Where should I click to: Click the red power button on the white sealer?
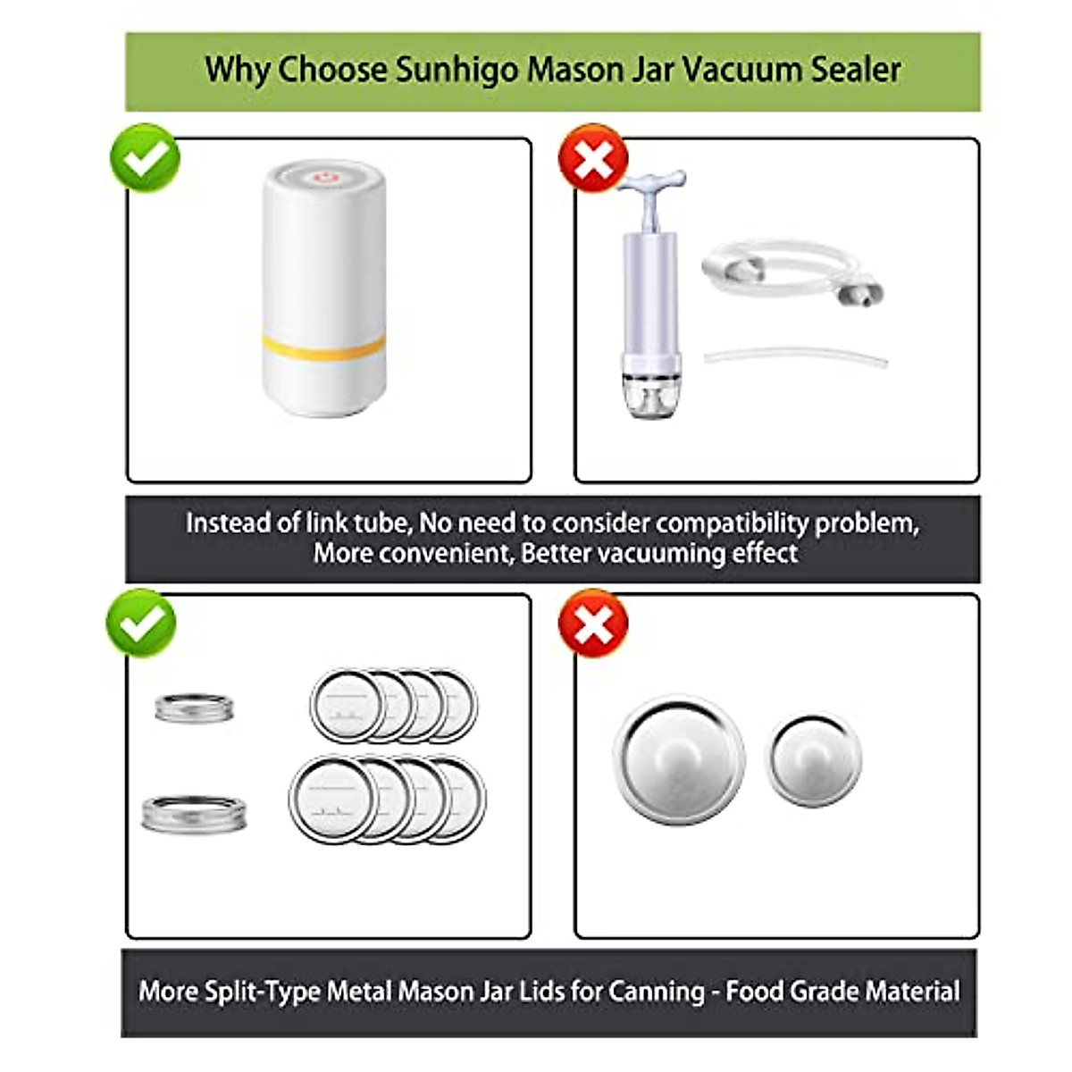pos(323,179)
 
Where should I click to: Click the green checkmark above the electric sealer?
pos(145,158)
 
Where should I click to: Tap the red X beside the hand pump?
pos(592,158)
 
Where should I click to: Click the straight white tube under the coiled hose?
pos(795,357)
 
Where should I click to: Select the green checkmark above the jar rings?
pos(141,624)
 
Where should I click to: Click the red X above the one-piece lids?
pos(592,624)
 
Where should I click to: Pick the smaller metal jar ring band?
pos(194,708)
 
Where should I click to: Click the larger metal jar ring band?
pos(194,813)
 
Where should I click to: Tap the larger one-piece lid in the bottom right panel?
pos(679,759)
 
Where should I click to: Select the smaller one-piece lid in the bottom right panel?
pos(814,759)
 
